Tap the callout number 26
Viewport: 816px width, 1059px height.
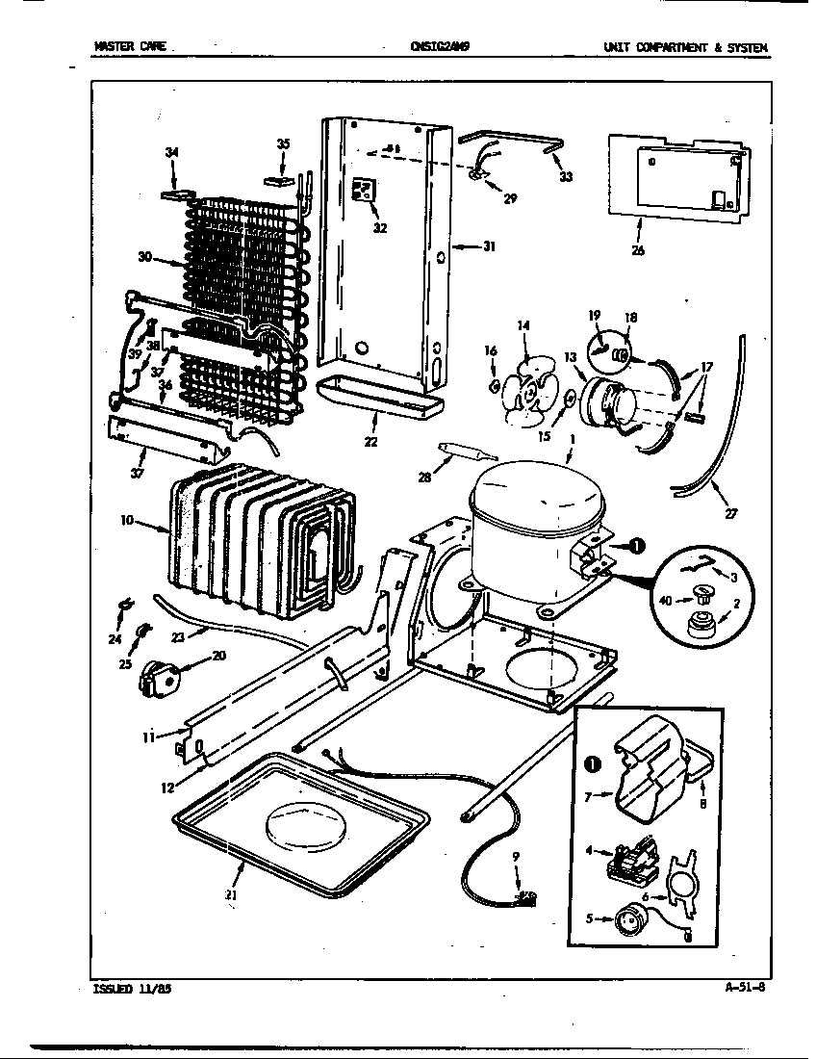(638, 251)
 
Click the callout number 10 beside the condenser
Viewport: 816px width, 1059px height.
(127, 520)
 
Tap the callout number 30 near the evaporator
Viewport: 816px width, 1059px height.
(144, 256)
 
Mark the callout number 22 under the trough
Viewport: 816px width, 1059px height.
(370, 442)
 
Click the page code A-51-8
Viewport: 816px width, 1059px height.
(745, 985)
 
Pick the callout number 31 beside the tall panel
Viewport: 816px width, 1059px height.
(488, 246)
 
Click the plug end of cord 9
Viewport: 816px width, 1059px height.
(525, 897)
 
